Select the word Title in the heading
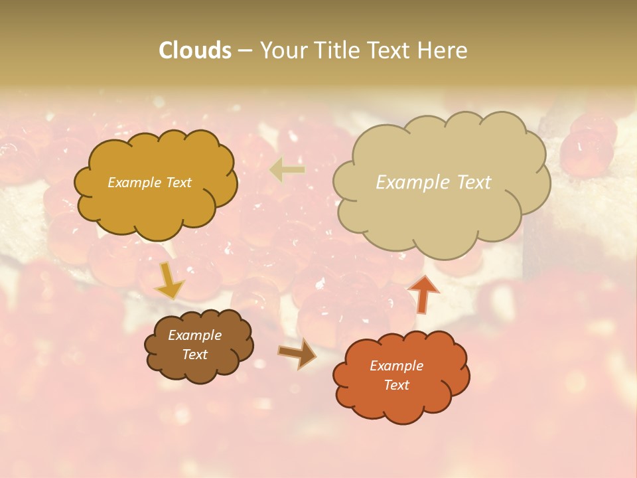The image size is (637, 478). point(338,50)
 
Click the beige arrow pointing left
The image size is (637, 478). point(287,170)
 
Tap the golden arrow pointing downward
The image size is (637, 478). point(169,281)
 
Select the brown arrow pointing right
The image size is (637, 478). point(297,355)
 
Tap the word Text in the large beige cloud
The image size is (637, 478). point(470,183)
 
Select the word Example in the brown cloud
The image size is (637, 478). point(194,335)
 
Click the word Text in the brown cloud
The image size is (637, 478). point(194,355)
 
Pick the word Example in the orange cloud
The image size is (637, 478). point(396,366)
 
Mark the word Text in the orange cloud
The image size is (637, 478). point(396,385)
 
